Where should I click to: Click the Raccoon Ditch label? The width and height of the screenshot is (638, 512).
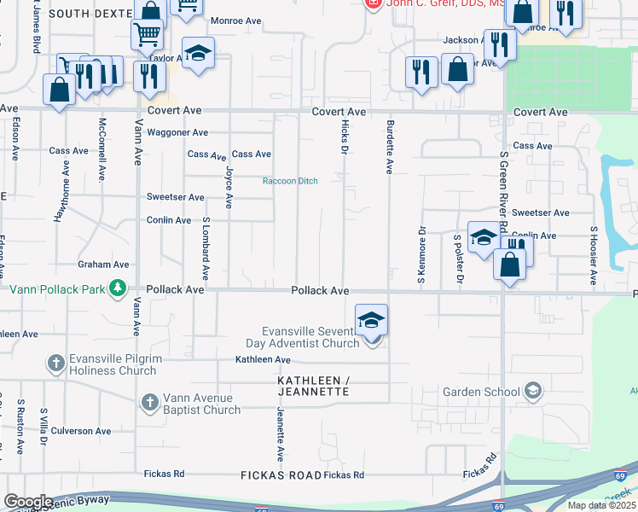(x=289, y=180)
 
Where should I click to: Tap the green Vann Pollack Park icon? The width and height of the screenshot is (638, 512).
(x=119, y=288)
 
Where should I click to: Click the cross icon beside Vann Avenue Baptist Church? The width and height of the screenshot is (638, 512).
(x=149, y=401)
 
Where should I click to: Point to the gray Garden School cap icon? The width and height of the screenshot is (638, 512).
(x=533, y=392)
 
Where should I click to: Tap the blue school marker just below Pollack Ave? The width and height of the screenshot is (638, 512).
(x=372, y=321)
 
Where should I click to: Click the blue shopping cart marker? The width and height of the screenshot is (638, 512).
(x=147, y=35)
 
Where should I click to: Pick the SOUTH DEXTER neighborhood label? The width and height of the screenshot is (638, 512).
(x=90, y=14)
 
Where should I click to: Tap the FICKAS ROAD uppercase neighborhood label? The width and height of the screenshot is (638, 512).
(x=281, y=474)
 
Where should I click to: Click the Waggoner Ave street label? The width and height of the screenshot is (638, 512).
(x=177, y=132)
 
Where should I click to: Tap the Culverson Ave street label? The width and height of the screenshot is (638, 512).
(x=81, y=431)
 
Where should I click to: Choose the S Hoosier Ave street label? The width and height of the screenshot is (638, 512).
(x=593, y=254)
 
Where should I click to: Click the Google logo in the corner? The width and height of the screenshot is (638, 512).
(x=28, y=501)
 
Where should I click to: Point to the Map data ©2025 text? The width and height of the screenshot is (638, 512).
(x=601, y=505)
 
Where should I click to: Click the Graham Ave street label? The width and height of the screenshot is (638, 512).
(x=103, y=265)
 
